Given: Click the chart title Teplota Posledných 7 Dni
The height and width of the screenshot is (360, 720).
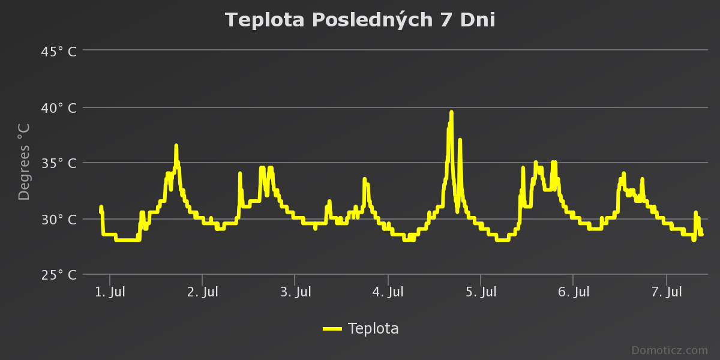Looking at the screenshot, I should coord(360,20).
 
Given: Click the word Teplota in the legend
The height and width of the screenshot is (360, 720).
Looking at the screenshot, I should coord(373,329).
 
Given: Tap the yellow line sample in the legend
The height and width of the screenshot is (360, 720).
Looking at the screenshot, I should coord(332,329).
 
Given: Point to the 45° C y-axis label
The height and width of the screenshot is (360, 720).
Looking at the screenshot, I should coord(59,52).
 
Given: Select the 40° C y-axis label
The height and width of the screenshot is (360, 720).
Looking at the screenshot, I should coord(59,108).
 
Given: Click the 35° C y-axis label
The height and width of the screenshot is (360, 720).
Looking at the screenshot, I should coord(59,163).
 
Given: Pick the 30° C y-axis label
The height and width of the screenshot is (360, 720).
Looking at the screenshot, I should coord(59,219).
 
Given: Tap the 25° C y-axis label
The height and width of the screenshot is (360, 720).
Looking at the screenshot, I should coord(59,275).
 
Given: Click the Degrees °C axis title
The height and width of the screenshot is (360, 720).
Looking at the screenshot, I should coord(24,162).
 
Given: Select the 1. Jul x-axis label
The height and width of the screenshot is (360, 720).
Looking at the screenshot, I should coord(110,293).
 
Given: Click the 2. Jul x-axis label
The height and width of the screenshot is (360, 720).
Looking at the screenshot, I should coord(203,293).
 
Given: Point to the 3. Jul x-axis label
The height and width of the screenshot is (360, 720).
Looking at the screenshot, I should coord(295,293).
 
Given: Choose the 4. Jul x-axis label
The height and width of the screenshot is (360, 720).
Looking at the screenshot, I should coord(388,293).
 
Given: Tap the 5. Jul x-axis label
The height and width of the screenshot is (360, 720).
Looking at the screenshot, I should coord(481,293).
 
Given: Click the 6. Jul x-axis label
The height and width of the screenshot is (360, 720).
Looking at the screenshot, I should coord(574,293).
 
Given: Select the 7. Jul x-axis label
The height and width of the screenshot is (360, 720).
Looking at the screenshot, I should coord(667,293).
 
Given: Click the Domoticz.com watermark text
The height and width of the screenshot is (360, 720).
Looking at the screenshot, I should coord(670,350).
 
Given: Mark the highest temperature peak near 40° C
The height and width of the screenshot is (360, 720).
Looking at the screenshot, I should coord(451,112).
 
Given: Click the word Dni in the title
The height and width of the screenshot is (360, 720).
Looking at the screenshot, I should coord(478,20).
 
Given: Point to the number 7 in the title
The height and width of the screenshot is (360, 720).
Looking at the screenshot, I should coord(444,20).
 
